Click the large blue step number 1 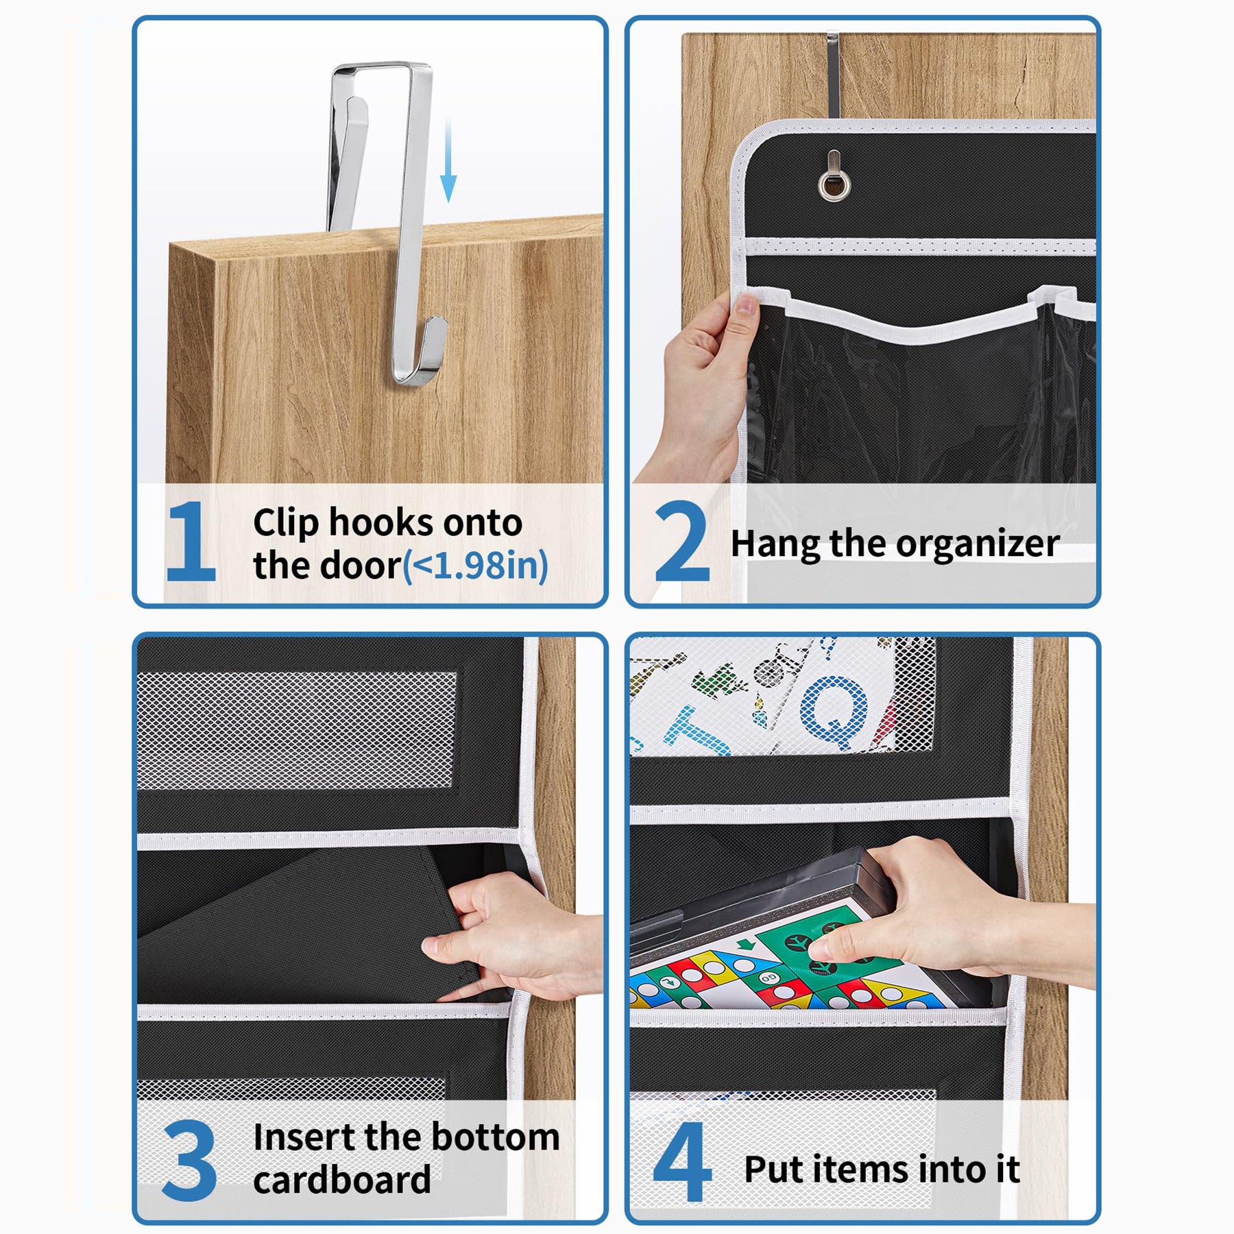click(192, 542)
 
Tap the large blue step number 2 click(682, 542)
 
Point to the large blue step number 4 click(682, 1161)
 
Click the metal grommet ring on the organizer click(834, 184)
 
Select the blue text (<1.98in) click(475, 566)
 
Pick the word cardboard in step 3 click(342, 1180)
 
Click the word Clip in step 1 click(286, 524)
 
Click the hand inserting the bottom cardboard click(514, 936)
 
